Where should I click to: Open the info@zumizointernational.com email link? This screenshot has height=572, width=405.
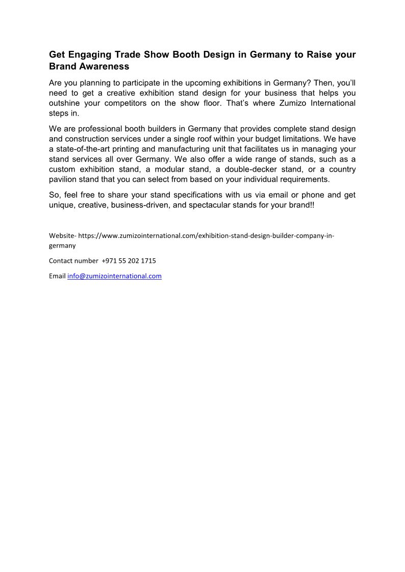tap(114, 276)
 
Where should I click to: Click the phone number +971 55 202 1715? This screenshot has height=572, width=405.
tap(129, 261)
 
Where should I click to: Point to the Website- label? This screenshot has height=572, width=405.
tap(63, 235)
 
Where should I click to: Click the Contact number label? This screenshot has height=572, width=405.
tap(73, 261)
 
